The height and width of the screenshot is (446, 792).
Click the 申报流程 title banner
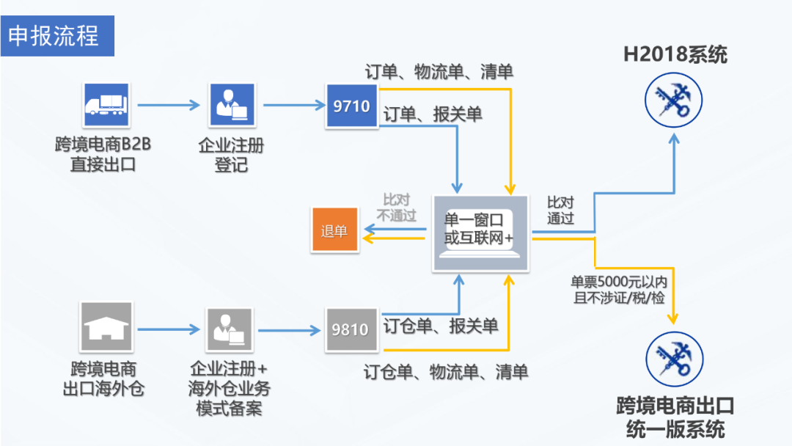57,35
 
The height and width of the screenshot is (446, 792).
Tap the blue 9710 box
351,106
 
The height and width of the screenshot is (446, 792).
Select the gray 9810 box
351,329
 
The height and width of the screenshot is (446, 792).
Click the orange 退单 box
334,231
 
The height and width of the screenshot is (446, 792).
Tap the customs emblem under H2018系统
673,100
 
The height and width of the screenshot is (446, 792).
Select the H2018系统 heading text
675,54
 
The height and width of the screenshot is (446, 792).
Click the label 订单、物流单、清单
439,71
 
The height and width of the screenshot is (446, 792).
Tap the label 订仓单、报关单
441,325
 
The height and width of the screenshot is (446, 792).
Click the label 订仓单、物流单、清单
446,371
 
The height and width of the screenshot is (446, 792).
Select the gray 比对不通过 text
397,208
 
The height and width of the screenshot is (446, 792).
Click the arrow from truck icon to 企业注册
169,106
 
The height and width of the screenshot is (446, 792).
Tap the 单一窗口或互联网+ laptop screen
480,228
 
